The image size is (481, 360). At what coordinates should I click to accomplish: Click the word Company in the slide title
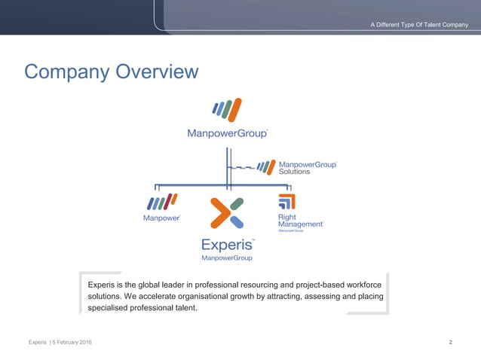pyautogui.click(x=66, y=72)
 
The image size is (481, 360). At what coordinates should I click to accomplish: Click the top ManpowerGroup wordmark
pyautogui.click(x=227, y=133)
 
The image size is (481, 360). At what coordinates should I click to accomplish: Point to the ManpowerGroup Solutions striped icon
pyautogui.click(x=266, y=166)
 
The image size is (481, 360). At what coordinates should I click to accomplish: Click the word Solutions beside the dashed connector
pyautogui.click(x=295, y=172)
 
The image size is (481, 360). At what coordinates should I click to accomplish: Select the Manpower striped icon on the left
pyautogui.click(x=162, y=202)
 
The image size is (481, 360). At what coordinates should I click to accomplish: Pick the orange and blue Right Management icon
pyautogui.click(x=286, y=201)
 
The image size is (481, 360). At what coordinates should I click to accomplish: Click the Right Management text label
pyautogui.click(x=299, y=221)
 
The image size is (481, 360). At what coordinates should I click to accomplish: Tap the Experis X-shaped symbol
pyautogui.click(x=226, y=212)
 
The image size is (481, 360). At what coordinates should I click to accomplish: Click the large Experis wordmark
pyautogui.click(x=227, y=244)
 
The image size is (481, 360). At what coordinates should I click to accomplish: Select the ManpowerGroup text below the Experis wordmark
pyautogui.click(x=227, y=258)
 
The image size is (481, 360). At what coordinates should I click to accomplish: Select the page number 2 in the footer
pyautogui.click(x=450, y=343)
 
